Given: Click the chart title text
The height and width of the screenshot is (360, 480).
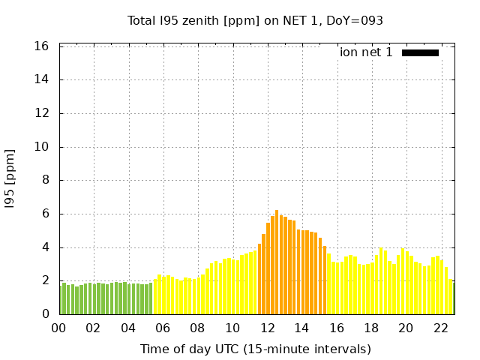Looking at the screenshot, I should (255, 20).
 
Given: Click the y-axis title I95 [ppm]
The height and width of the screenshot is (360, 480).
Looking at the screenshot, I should (10, 178).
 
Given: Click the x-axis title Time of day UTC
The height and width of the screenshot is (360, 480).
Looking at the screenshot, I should (255, 349).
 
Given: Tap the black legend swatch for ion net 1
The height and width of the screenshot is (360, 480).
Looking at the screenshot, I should (420, 52).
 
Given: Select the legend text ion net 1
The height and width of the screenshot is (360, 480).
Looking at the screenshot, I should (366, 52).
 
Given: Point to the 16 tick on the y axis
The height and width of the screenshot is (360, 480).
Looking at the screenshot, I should (42, 46).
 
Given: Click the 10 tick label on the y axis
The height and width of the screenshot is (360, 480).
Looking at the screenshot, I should (42, 147).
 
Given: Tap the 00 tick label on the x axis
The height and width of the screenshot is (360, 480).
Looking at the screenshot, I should (59, 328).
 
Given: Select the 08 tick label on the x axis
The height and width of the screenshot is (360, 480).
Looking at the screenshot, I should (198, 328).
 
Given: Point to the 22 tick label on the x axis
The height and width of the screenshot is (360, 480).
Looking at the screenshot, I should (441, 328).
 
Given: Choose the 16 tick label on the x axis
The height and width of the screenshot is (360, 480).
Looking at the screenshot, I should (337, 328).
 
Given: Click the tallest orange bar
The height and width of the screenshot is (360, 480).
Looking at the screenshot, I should (277, 262).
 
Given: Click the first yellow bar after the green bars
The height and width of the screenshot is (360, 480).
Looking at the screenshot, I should (155, 297).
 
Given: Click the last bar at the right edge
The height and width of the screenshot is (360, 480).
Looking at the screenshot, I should (453, 298).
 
